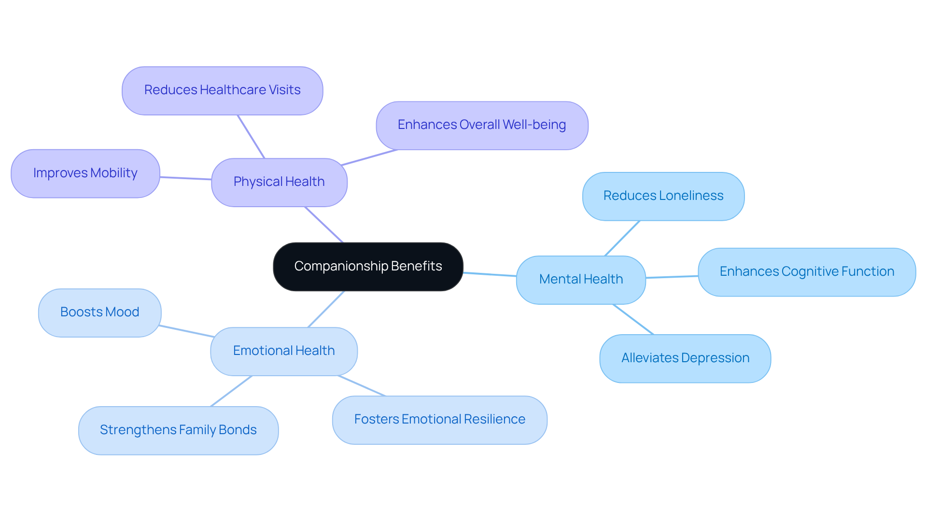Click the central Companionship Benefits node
[368, 267]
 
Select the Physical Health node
[279, 182]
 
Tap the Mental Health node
[581, 280]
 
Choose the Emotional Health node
[283, 351]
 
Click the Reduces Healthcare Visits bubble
[222, 90]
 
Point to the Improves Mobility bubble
[85, 173]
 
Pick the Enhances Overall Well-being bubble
[481, 125]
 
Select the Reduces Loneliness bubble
[663, 196]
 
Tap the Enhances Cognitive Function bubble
[806, 272]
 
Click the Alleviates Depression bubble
[685, 358]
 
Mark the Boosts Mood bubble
[99, 312]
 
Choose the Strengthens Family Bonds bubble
[178, 430]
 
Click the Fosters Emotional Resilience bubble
[439, 420]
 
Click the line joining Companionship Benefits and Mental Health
[490, 274]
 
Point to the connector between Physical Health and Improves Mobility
[185, 178]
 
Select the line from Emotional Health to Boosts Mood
[186, 331]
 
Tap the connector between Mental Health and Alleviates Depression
[633, 319]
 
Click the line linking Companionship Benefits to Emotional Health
[326, 309]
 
